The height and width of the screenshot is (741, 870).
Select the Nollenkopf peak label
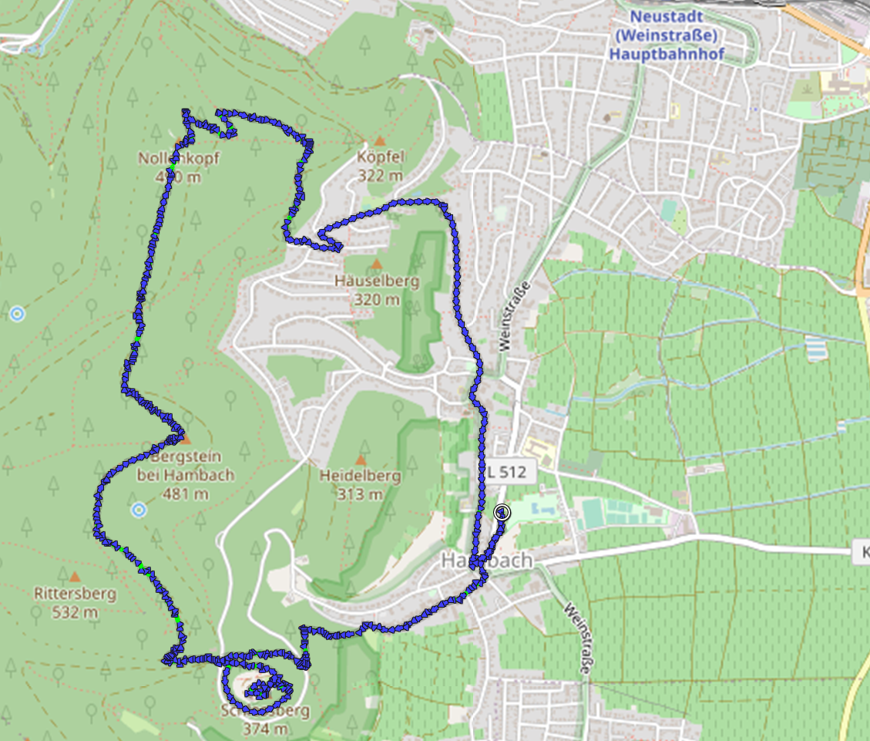coord(178,160)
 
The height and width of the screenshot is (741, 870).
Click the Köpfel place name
coord(381,157)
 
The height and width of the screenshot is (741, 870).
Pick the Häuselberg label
coord(377,281)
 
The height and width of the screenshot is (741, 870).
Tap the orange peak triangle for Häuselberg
coord(377,265)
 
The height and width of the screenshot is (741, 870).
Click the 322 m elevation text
coord(381,175)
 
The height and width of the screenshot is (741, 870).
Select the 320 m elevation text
coord(377,299)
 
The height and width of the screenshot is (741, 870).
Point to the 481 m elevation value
coord(184,493)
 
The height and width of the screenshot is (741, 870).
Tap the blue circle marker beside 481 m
coord(139,510)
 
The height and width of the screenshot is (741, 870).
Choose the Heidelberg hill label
coord(360,476)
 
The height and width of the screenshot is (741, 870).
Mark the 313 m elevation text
coord(360,494)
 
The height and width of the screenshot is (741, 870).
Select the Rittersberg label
coord(75,594)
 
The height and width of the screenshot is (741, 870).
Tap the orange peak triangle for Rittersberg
coord(74,577)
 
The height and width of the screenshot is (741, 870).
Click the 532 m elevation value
coord(75,612)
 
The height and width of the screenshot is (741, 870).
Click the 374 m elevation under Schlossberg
coord(265,729)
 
